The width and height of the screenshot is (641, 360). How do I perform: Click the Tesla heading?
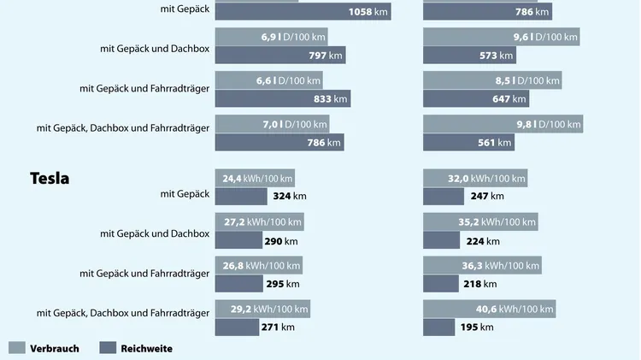[50, 179]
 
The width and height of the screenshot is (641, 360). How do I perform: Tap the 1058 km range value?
[368, 11]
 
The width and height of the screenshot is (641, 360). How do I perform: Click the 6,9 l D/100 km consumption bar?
[271, 38]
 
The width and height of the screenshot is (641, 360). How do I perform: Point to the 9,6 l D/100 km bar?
[501, 38]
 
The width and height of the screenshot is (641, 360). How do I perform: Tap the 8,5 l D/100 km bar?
[492, 80]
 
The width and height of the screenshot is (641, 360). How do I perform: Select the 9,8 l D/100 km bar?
[503, 124]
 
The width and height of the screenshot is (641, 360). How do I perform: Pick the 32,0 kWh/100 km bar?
[474, 178]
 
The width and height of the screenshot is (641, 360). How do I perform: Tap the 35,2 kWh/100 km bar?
[479, 222]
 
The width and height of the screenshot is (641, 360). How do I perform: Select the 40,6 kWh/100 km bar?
[489, 309]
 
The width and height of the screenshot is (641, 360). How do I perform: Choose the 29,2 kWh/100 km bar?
[262, 309]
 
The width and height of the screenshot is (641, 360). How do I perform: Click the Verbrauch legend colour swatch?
[16, 348]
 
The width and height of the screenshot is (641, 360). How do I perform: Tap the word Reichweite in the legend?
[146, 348]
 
